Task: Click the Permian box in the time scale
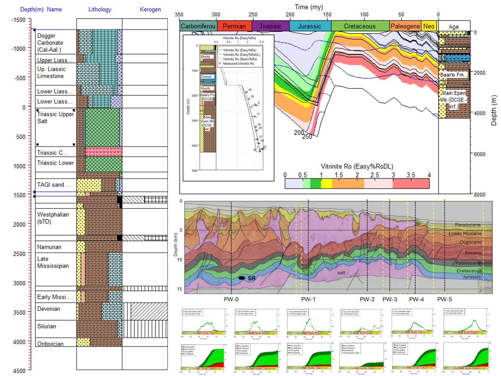tap(234, 26)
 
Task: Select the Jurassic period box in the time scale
tap(309, 26)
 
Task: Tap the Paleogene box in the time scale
tap(405, 26)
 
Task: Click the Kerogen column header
tap(150, 9)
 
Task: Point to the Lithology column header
tap(100, 9)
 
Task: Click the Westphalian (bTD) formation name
tap(53, 218)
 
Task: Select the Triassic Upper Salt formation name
tap(55, 118)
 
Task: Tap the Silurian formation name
tap(47, 326)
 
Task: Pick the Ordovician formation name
tap(50, 344)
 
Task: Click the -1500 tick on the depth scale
tap(18, 20)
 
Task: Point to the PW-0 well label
tap(231, 299)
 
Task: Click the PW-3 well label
tap(390, 299)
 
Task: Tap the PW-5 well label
tap(444, 299)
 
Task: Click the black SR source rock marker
tap(242, 278)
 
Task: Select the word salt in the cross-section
tap(341, 273)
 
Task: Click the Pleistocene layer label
tap(468, 225)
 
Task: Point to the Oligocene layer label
tap(470, 242)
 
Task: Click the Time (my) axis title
tap(309, 7)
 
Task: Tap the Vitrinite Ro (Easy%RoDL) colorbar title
tap(357, 166)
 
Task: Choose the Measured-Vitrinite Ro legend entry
tap(238, 63)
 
